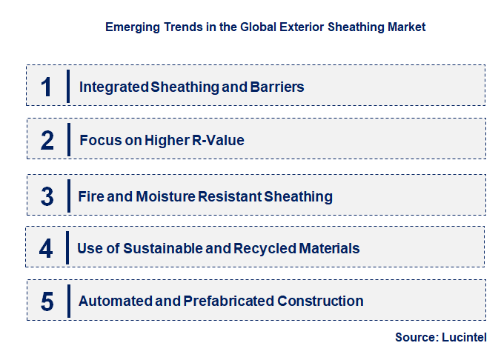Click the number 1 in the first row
pos(46,87)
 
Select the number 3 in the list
pos(47,197)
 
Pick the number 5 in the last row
pos(47,301)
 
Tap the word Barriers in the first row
pos(276,87)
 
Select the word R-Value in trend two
pos(218,140)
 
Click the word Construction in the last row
pos(320,301)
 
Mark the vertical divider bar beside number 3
pos(67,196)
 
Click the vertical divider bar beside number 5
pos(67,301)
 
